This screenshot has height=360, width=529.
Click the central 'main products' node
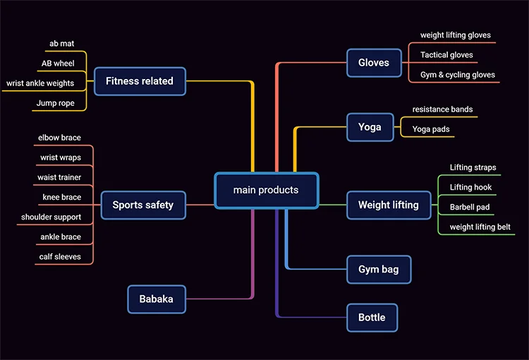266,190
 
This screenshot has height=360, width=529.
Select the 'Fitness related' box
140,81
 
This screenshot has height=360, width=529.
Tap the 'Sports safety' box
143,205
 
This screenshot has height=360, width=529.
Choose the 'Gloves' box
374,63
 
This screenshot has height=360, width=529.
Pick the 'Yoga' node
370,127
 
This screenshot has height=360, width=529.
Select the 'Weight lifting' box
389,205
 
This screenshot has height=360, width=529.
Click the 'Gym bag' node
379,270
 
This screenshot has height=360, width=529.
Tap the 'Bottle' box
372,318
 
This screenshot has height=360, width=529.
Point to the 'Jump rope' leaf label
56,103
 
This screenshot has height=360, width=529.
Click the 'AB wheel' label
58,64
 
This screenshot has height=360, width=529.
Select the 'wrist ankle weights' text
40,83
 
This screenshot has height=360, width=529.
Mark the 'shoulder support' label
51,217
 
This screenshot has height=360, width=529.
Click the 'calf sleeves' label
60,257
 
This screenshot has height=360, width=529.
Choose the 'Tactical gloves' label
446,55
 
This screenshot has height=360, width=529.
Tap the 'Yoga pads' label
431,129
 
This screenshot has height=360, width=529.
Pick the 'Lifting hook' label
471,188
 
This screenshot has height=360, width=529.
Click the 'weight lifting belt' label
480,227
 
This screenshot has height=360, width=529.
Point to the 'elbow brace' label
60,138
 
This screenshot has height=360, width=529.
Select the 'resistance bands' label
442,109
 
